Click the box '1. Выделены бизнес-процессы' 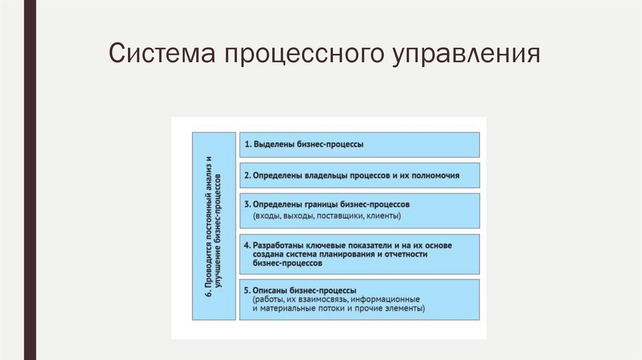pos(359,144)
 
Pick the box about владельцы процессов pos(359,176)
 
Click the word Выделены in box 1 pos(271,144)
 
